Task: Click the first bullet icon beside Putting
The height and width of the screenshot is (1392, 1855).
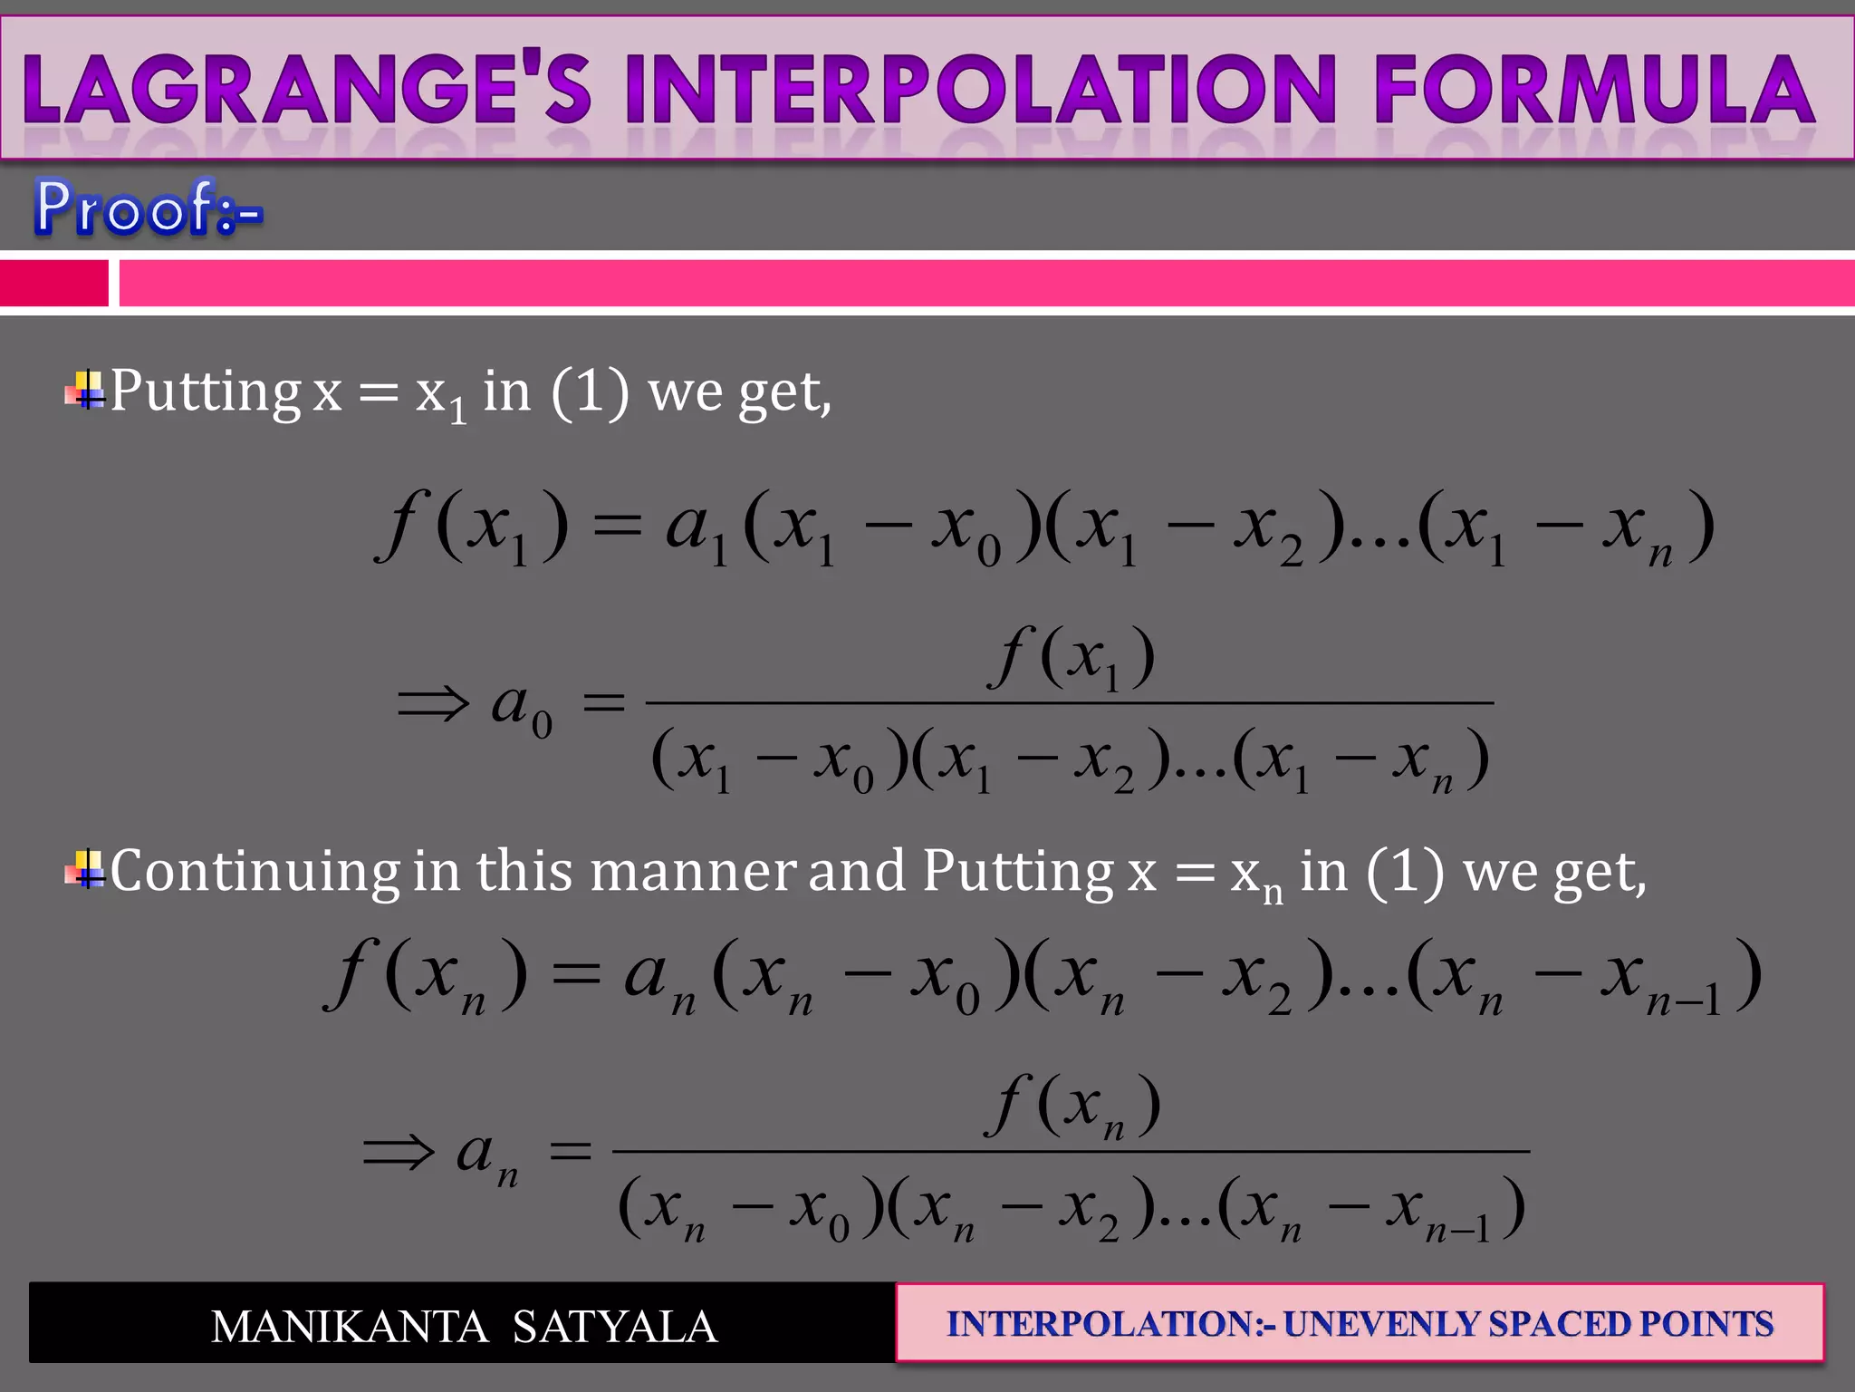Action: point(85,391)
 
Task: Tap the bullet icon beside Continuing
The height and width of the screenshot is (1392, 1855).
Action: point(85,871)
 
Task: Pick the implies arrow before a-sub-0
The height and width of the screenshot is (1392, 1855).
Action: point(434,703)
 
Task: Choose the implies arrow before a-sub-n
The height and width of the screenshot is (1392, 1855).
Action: point(399,1153)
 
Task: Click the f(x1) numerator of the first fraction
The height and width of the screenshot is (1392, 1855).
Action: point(1071,658)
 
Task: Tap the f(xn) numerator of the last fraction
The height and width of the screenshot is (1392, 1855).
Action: point(1072,1106)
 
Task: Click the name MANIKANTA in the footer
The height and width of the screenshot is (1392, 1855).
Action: point(350,1327)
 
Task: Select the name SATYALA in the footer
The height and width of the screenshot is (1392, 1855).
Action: point(615,1327)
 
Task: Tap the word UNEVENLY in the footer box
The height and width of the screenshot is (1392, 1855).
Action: point(1380,1324)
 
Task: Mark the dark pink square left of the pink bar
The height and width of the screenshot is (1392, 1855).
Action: point(53,284)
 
